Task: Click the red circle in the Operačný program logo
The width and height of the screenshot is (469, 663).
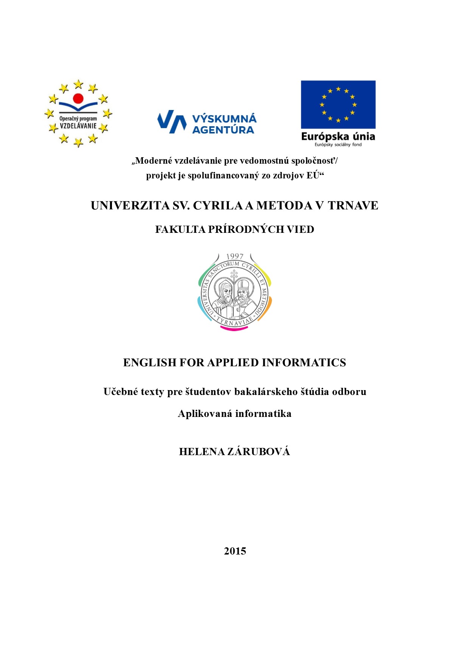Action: tap(78, 98)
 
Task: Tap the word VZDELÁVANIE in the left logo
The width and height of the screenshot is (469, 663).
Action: tap(78, 126)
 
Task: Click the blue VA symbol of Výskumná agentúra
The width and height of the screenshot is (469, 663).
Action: tap(172, 121)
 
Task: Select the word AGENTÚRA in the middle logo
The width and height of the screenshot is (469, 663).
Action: tap(223, 130)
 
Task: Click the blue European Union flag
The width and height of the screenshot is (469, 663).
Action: tap(338, 104)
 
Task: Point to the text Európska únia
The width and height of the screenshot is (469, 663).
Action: tap(338, 136)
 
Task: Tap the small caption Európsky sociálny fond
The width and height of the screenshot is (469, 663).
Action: tap(338, 145)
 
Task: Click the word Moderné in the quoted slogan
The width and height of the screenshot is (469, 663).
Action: tap(154, 161)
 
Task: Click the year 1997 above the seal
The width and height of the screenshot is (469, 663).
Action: tap(234, 257)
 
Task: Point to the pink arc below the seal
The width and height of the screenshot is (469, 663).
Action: tap(234, 328)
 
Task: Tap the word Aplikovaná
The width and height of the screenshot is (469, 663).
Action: tap(205, 414)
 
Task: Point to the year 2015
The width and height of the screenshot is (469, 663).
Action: tap(235, 551)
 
